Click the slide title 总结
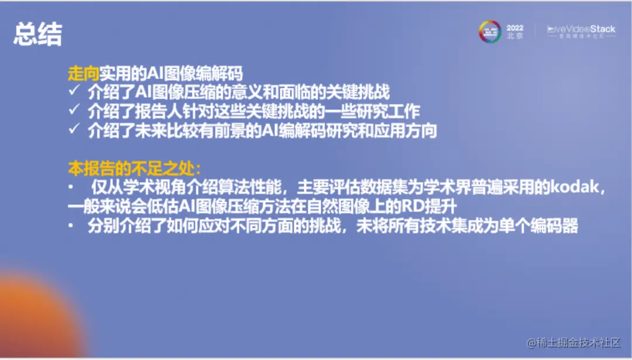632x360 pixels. point(37,35)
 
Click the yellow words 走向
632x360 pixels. point(83,74)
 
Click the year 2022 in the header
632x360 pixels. point(514,28)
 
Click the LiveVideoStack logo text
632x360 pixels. point(581,29)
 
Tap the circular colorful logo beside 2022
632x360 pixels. point(490,32)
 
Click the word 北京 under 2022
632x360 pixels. point(515,36)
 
